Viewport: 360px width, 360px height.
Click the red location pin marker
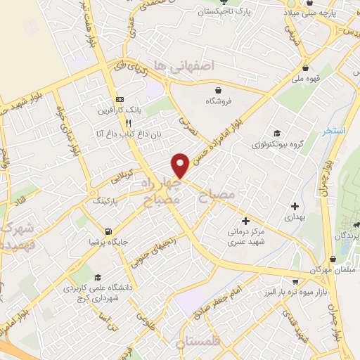click(181, 165)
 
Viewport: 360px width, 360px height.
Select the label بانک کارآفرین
click(120, 110)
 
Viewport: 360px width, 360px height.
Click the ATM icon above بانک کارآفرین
click(120, 99)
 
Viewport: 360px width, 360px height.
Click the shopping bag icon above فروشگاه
click(219, 90)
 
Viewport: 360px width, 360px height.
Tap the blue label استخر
click(336, 131)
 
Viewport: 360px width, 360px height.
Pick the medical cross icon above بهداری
click(295, 206)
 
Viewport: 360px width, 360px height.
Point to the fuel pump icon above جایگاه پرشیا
click(108, 232)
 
